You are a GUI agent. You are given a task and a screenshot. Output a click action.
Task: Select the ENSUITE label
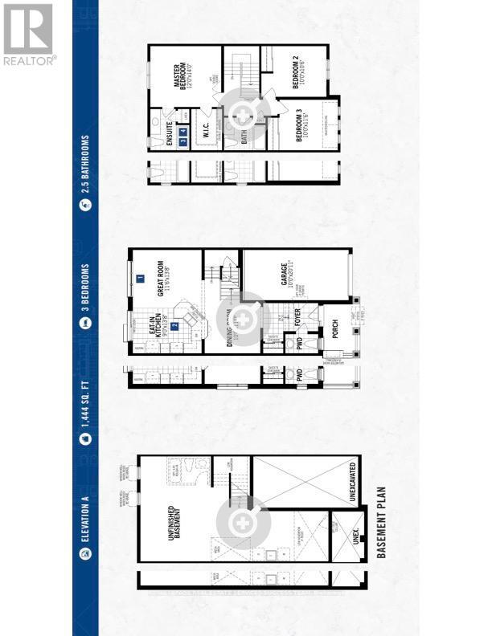coord(170,129)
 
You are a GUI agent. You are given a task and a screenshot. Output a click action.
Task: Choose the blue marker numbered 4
coord(193,141)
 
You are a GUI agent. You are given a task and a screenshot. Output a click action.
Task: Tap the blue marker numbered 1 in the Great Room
coord(140,279)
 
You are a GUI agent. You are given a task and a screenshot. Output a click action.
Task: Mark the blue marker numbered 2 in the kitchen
coord(174,327)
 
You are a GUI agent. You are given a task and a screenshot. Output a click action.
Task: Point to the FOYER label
coord(297,322)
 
